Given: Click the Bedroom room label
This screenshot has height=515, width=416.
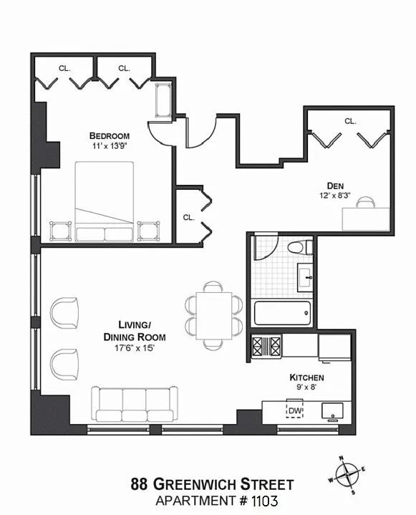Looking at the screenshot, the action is (x=110, y=135).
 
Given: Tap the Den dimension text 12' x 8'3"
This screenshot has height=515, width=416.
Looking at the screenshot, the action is (x=335, y=196).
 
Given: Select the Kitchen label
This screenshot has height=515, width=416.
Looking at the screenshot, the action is (x=306, y=377).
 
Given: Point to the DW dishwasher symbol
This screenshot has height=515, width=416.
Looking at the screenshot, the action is (x=294, y=410).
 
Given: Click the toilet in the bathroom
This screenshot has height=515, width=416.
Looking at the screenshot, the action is (x=300, y=247).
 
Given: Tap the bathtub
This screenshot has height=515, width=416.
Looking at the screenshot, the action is (x=282, y=313).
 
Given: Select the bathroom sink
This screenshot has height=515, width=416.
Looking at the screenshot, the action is (x=305, y=277).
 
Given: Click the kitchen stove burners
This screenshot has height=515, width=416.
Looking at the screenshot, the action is (x=266, y=346).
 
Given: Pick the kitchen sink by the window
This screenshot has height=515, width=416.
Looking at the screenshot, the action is (x=332, y=411).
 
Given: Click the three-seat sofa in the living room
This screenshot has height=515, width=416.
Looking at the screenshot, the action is (x=135, y=404).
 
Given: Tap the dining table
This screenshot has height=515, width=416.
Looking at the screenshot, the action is (x=214, y=316).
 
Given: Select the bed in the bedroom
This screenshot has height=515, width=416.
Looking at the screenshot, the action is (x=105, y=202).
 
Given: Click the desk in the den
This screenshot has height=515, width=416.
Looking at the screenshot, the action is (x=366, y=219).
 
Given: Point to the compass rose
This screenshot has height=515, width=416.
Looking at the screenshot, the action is (x=347, y=475).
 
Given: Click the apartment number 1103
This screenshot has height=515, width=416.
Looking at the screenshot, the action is (x=265, y=501).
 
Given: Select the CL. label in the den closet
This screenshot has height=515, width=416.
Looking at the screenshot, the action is (x=350, y=121).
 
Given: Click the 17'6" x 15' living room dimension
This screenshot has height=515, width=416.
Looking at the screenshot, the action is (x=135, y=348).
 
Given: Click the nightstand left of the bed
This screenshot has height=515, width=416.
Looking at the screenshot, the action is (x=60, y=231).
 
